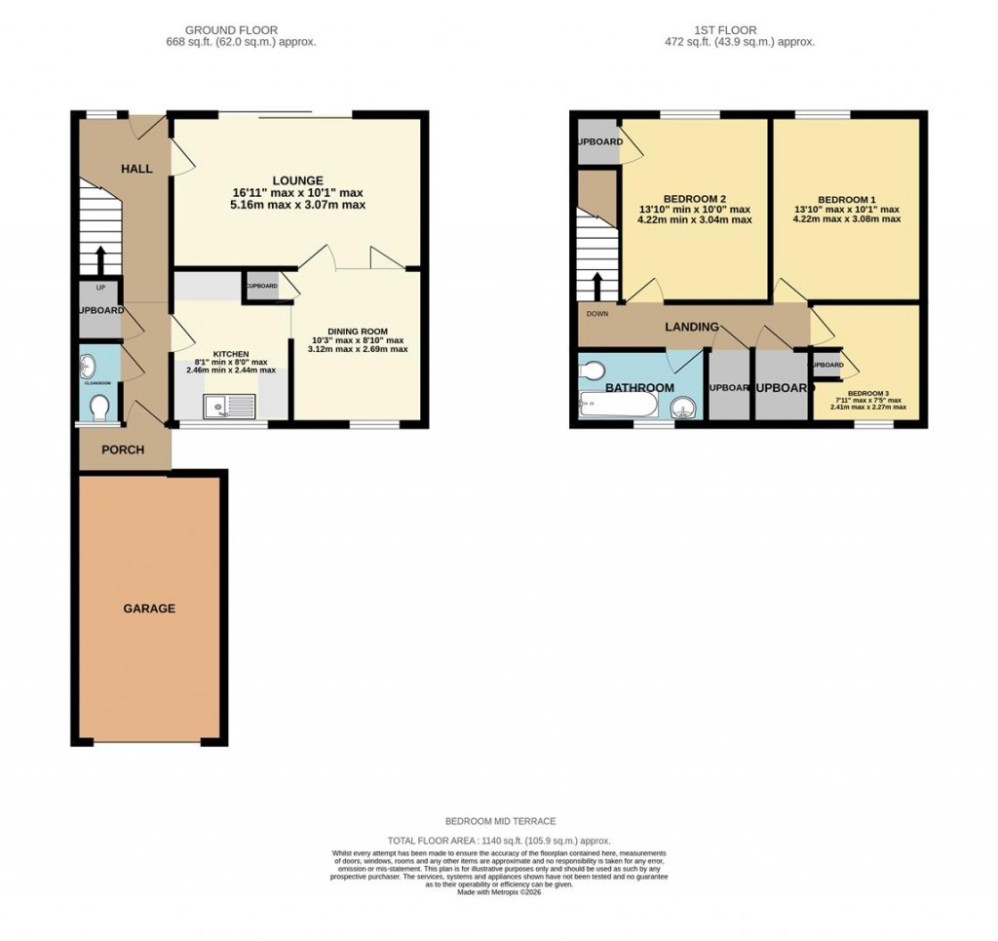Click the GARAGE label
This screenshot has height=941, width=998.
point(149,608)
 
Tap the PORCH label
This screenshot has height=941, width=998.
point(123,450)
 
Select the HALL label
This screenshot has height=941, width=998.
point(136,169)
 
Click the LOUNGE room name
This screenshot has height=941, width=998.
point(297,180)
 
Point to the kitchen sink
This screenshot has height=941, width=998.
point(229,406)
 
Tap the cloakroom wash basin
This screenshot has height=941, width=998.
point(89,367)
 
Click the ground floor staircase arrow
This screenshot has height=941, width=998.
point(99,259)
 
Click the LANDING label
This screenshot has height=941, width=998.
point(692,327)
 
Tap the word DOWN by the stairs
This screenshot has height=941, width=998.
point(598,314)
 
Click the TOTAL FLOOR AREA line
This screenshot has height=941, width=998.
point(498,840)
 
